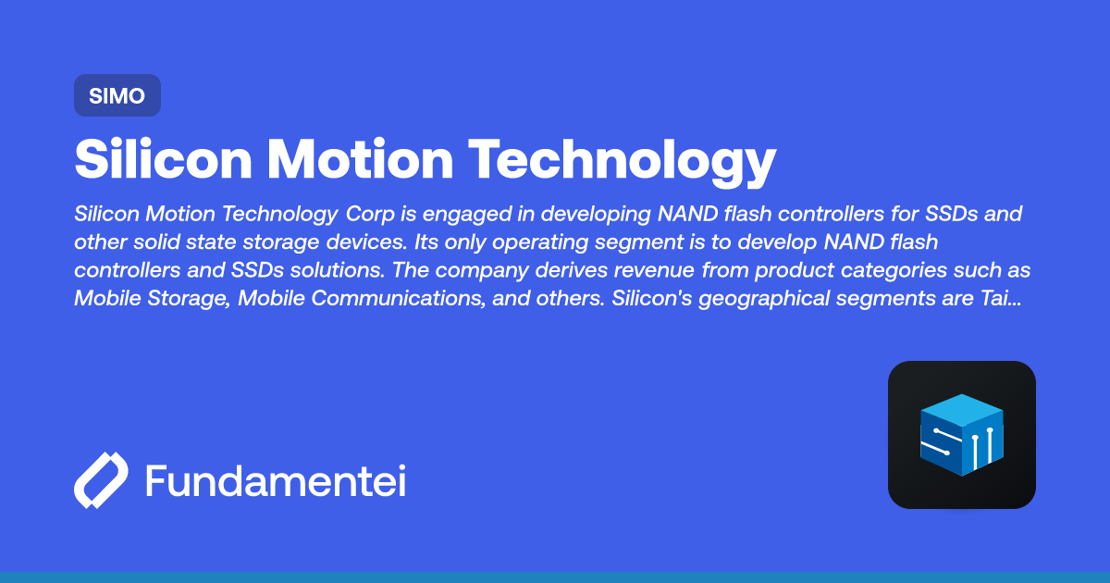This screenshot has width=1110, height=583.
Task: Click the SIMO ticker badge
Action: tap(117, 95)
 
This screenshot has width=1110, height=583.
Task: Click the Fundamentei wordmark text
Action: tap(275, 481)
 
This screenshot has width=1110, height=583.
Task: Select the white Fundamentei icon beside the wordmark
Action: tap(100, 480)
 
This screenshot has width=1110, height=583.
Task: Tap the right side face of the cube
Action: tap(982, 445)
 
